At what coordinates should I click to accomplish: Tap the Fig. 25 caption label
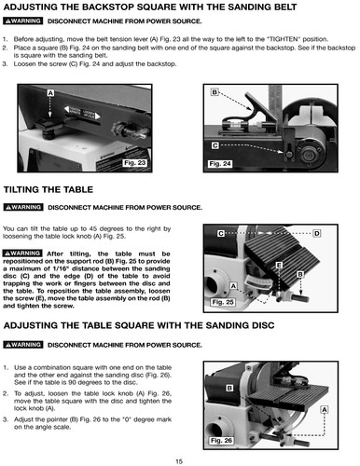(223, 302)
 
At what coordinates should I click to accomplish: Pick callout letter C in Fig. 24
(215, 145)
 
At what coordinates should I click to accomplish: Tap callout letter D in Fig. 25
(317, 233)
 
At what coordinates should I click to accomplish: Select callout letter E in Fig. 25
(278, 266)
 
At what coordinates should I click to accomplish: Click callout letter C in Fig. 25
(221, 233)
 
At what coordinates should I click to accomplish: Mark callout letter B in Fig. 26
(228, 387)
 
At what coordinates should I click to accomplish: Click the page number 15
(178, 461)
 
